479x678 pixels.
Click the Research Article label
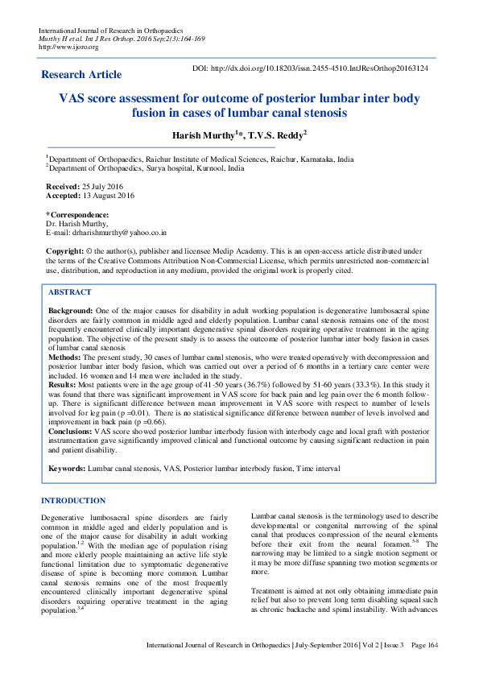click(81, 75)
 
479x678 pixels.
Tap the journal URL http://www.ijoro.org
click(68, 47)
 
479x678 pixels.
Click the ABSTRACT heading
click(70, 292)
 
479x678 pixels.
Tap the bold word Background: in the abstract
click(71, 310)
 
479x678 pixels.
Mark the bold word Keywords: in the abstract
click(67, 468)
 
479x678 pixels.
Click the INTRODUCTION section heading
click(73, 501)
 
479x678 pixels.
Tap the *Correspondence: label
click(77, 215)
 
